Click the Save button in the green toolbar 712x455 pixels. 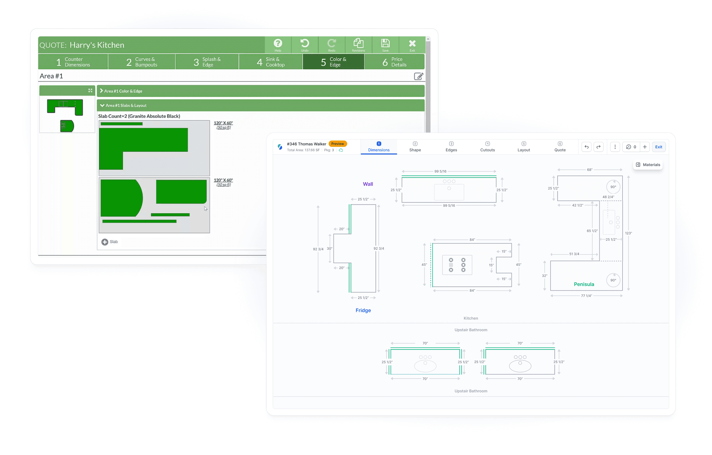(385, 45)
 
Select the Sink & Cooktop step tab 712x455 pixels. (270, 62)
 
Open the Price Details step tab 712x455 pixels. (394, 62)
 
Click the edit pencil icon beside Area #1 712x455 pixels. (419, 76)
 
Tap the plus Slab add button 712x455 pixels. (110, 242)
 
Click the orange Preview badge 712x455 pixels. (337, 144)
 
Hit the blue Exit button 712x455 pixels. (659, 147)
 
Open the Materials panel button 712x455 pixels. (648, 165)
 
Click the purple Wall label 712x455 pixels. (368, 184)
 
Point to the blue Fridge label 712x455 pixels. (363, 310)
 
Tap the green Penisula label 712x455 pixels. (584, 284)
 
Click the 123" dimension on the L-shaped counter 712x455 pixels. (628, 233)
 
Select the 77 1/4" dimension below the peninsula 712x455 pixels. (586, 296)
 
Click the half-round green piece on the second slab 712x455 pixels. (122, 198)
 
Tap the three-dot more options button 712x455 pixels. (615, 147)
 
